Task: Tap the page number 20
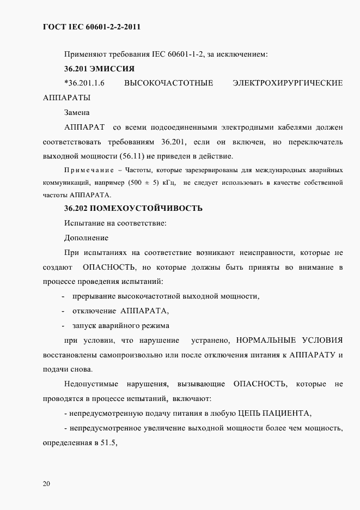[46, 483]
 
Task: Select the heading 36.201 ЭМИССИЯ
[99, 69]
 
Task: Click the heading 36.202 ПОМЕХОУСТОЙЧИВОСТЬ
[133, 208]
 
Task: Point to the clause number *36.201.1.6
[84, 83]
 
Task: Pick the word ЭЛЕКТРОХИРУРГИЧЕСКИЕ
[287, 83]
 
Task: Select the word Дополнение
[86, 238]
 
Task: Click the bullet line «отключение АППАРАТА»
[120, 311]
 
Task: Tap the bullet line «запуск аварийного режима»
[120, 326]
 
